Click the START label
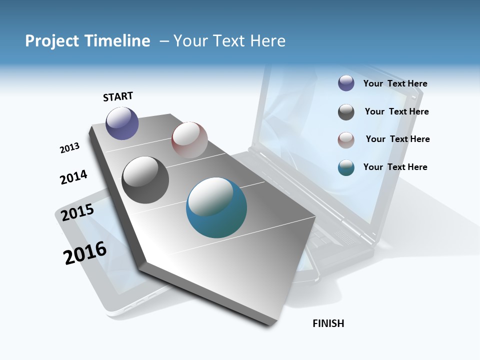[x=118, y=96]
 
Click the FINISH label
[x=328, y=323]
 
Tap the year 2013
[x=69, y=148]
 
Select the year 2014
[x=73, y=177]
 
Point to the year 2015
[x=77, y=212]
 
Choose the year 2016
[x=85, y=252]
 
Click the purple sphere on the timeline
[x=122, y=123]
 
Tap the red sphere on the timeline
[x=189, y=139]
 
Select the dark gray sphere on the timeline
[x=145, y=180]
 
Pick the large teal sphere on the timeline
[x=216, y=207]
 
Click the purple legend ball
[x=346, y=83]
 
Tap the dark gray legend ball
[x=346, y=112]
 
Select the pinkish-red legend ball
[x=346, y=140]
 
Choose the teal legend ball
[x=346, y=167]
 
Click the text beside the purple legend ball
[x=395, y=83]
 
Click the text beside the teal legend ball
[x=395, y=167]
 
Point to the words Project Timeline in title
[x=87, y=41]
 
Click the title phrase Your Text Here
[x=229, y=41]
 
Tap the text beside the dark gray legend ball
[x=396, y=111]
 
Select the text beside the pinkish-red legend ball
[x=397, y=139]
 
